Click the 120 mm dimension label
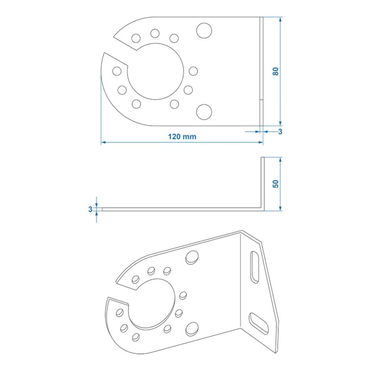pyautogui.click(x=182, y=137)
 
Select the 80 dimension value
pyautogui.click(x=275, y=71)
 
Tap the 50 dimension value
pyautogui.click(x=276, y=184)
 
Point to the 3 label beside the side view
pyautogui.click(x=90, y=209)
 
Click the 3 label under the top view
pyautogui.click(x=280, y=132)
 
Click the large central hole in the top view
pyautogui.click(x=155, y=71)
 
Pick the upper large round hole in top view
pyautogui.click(x=204, y=30)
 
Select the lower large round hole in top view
pyautogui.click(x=204, y=112)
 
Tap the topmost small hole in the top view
pyautogui.click(x=155, y=33)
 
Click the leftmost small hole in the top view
pyautogui.click(x=117, y=71)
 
